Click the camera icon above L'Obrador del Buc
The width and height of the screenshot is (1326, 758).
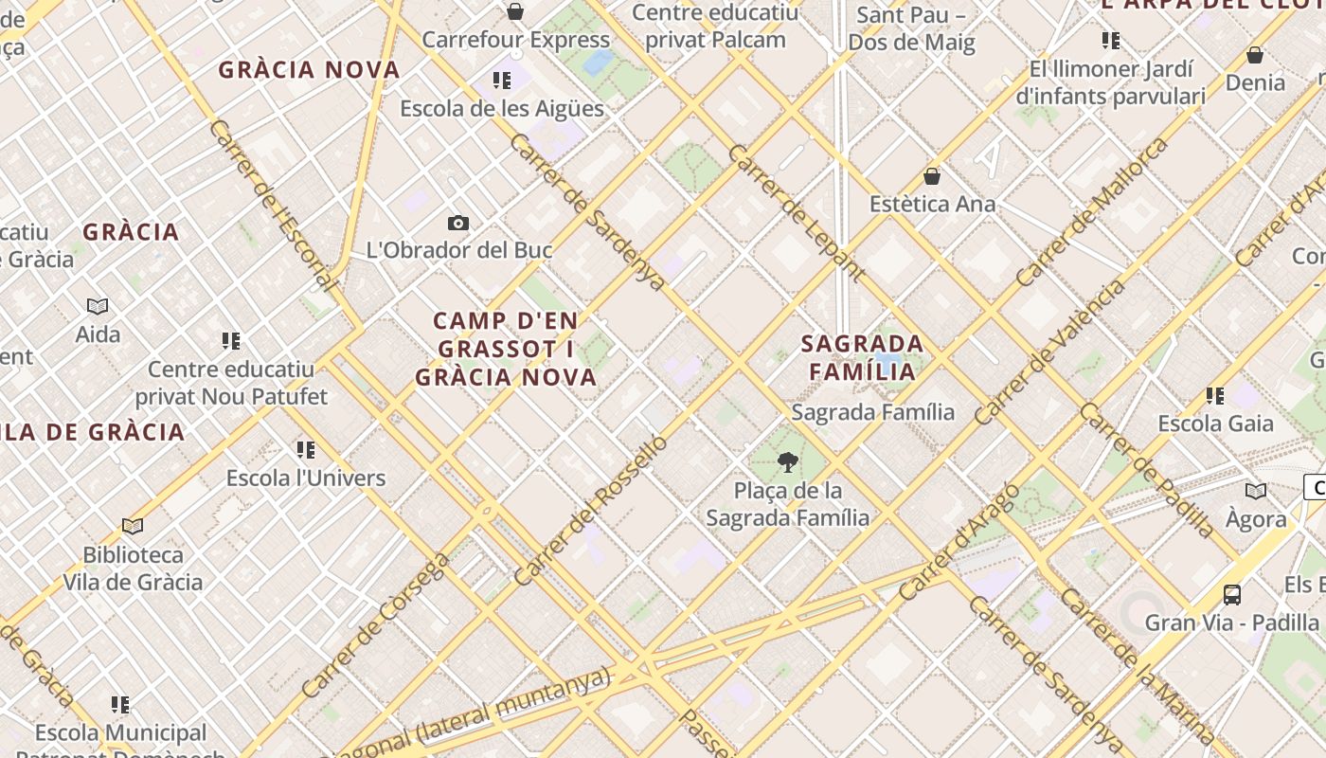point(458,224)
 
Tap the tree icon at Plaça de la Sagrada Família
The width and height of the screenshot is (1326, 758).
point(787,462)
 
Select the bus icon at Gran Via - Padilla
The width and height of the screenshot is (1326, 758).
point(1232,595)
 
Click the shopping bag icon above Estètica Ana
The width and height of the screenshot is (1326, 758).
point(932,176)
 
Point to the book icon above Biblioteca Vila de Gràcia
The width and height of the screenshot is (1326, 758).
point(133,526)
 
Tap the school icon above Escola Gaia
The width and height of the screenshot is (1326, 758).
point(1215,395)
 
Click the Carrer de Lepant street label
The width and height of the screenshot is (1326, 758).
point(796,213)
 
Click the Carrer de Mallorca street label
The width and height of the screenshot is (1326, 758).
point(1091,212)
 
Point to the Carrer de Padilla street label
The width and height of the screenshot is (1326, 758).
point(1146,469)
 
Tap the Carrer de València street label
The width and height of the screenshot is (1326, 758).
point(1049,352)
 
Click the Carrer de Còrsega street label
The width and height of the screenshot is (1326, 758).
point(376,625)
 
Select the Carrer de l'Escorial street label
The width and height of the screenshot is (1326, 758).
point(272,205)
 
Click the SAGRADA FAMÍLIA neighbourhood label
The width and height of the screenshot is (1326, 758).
point(862,357)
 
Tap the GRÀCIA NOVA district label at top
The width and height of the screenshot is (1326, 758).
point(309,70)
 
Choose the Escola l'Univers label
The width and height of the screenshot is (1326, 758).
point(306,478)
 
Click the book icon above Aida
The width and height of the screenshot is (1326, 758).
point(98,306)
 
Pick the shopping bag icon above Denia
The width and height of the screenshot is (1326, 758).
point(1255,55)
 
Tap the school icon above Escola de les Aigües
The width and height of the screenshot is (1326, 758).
point(501,81)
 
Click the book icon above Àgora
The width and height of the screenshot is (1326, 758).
point(1256,491)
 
